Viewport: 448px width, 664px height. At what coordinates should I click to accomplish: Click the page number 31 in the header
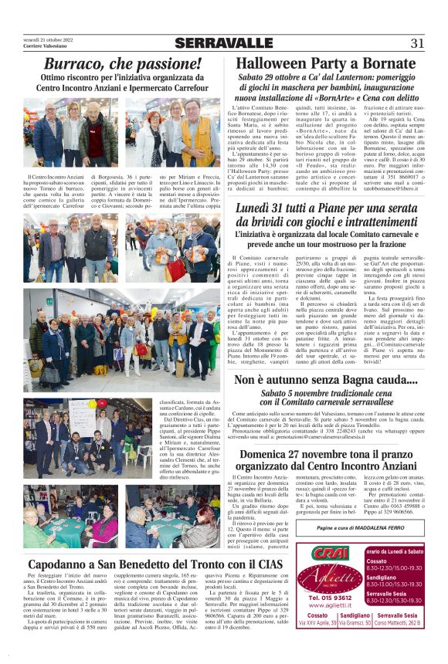click(418, 43)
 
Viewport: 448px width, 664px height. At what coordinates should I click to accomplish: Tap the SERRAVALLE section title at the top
click(224, 43)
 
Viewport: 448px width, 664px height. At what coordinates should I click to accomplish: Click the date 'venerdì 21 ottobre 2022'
click(48, 38)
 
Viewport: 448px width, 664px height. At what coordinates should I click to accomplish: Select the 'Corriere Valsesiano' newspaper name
click(44, 46)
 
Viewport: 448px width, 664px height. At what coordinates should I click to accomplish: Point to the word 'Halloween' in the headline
click(275, 63)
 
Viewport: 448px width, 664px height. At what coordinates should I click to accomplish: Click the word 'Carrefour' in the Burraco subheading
click(189, 87)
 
